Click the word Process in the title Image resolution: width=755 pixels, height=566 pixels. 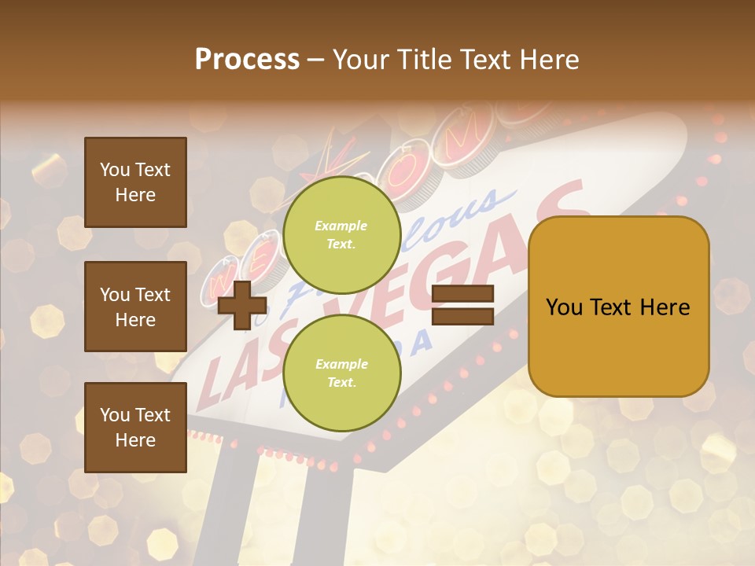[x=247, y=60]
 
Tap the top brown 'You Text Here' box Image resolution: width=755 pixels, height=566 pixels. [x=135, y=182]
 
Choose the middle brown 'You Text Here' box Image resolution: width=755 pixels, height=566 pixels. [x=135, y=307]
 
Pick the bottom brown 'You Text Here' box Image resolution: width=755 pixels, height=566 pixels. [x=135, y=428]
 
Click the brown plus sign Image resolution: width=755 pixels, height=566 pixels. [x=242, y=304]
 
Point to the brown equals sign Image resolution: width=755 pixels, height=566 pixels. [x=463, y=305]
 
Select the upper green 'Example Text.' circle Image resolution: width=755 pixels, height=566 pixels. [x=341, y=234]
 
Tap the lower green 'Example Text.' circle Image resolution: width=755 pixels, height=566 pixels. [x=341, y=373]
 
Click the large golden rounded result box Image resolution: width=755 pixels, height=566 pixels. [x=619, y=307]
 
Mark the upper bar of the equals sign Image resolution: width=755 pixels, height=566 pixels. [x=463, y=294]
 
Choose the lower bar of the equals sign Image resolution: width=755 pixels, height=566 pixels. [x=463, y=316]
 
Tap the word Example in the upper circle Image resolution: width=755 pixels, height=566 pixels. [x=341, y=226]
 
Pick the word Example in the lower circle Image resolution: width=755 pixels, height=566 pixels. [x=341, y=364]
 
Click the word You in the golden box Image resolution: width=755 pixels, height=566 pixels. [x=564, y=307]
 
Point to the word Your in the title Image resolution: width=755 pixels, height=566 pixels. [x=360, y=60]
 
